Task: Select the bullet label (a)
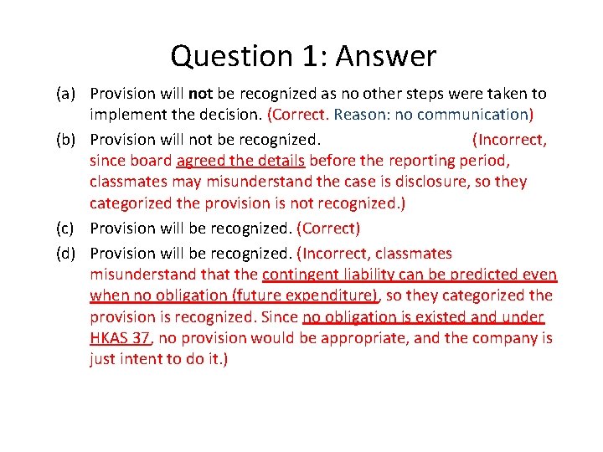click(67, 94)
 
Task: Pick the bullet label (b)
click(67, 139)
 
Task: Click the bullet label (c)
click(67, 228)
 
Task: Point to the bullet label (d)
click(67, 253)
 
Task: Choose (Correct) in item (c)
click(329, 228)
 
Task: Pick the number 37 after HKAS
click(142, 337)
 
